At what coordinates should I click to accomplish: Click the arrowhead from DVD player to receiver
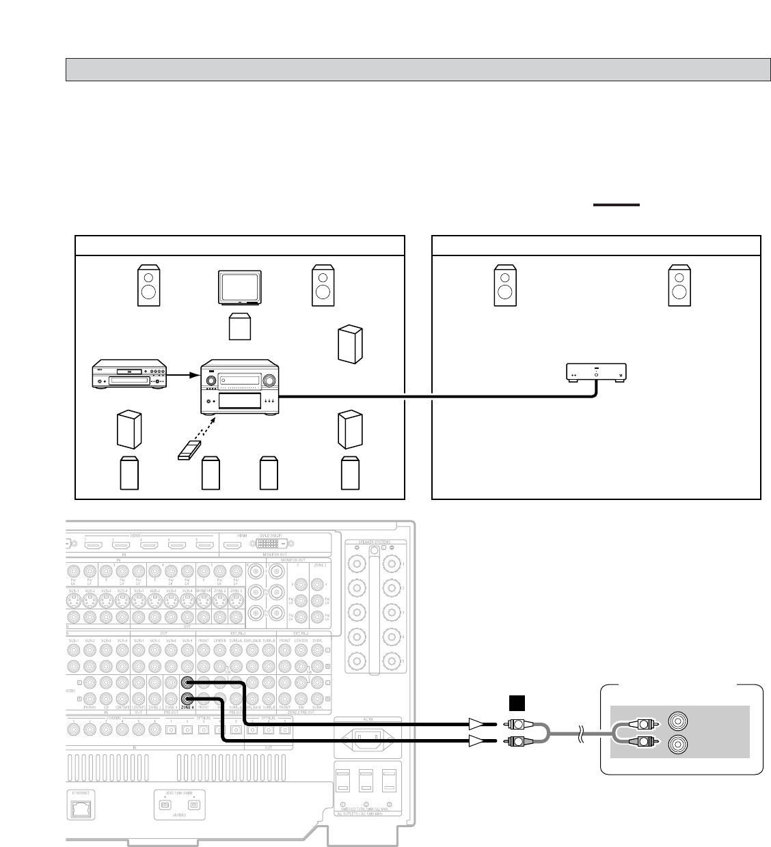[193, 375]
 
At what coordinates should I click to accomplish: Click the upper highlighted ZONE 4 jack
[187, 682]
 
